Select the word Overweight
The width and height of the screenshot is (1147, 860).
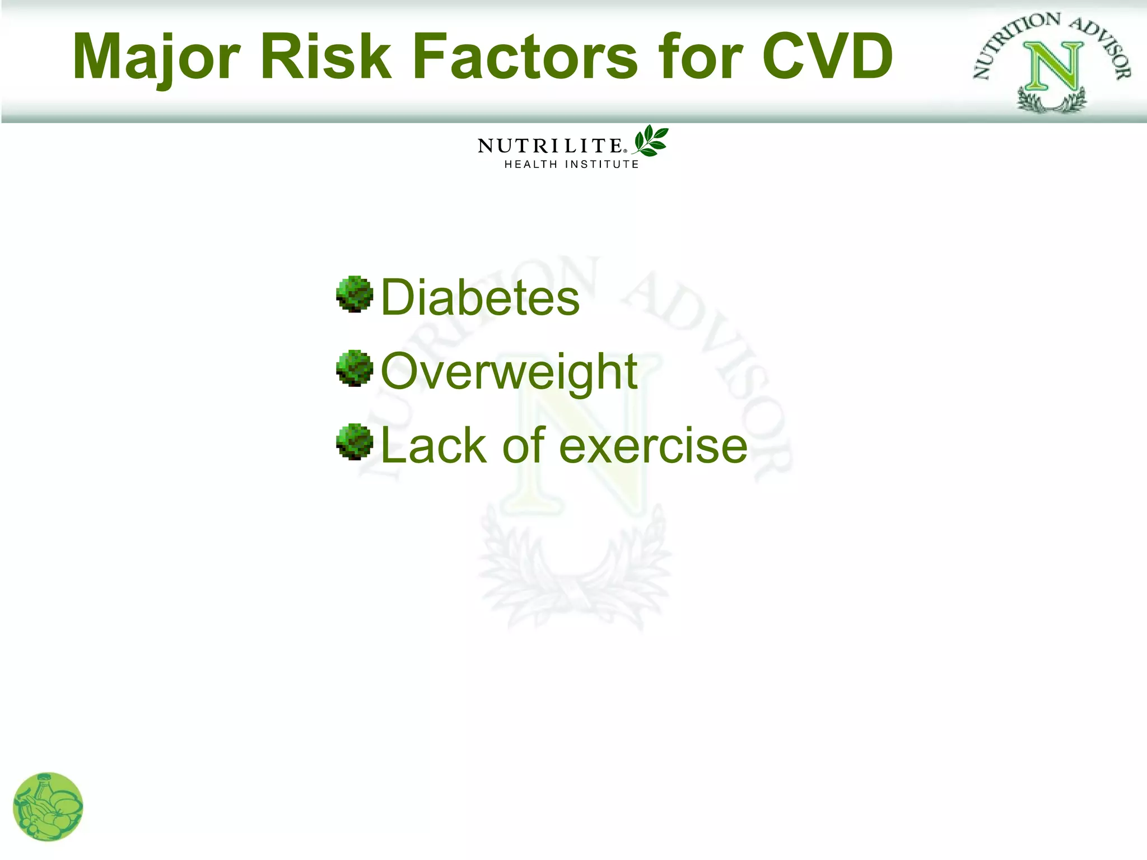tap(509, 372)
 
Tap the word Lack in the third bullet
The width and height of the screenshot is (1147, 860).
tap(433, 446)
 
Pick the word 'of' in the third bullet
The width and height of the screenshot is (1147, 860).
tap(524, 446)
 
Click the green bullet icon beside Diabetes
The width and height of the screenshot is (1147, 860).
tap(355, 294)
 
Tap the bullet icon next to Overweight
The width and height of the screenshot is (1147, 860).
tap(355, 368)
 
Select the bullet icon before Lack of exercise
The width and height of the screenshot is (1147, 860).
tap(355, 442)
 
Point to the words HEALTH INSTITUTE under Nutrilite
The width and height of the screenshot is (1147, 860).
tap(571, 164)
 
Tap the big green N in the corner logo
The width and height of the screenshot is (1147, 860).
tap(1053, 67)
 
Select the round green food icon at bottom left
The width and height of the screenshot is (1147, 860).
tap(48, 807)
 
